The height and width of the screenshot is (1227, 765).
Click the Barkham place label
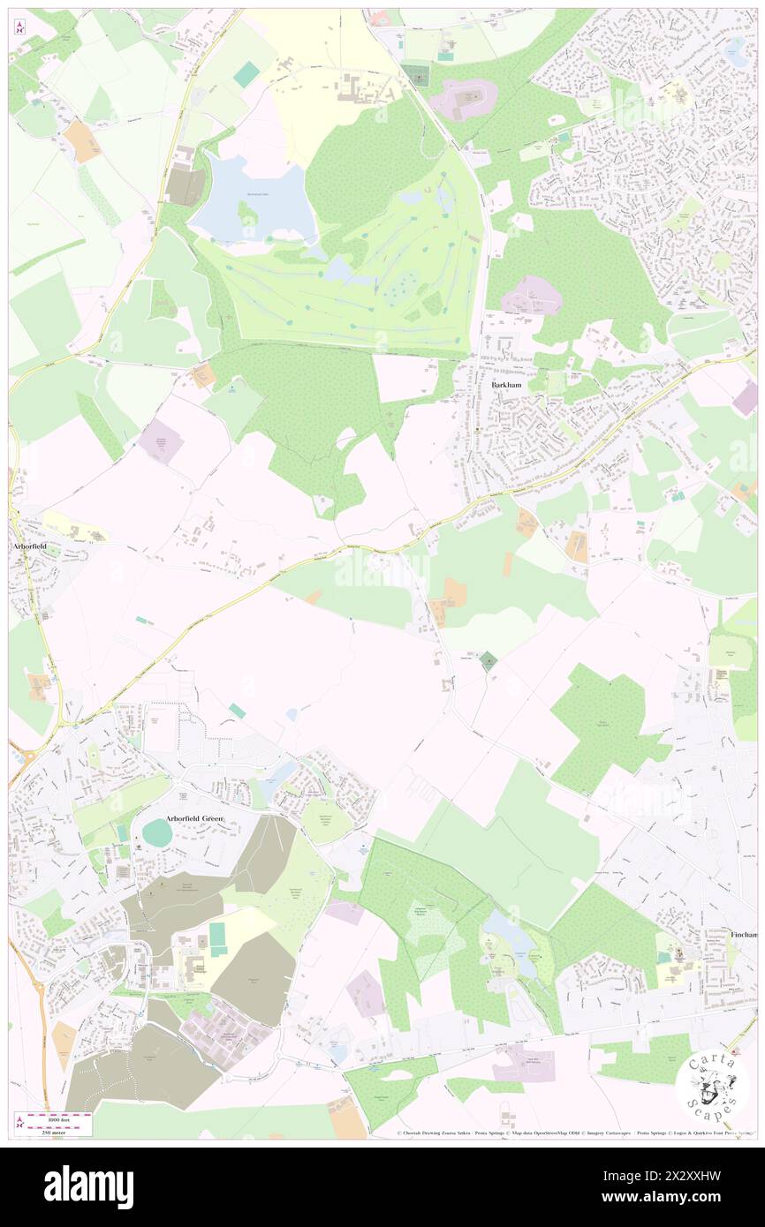point(505,386)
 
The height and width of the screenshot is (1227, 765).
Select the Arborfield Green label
point(194,818)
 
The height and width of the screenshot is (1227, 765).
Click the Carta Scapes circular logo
point(712,1088)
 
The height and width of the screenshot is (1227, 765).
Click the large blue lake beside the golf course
point(254,199)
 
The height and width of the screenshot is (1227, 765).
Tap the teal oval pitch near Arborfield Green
point(157,832)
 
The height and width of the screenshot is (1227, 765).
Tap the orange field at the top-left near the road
point(82,140)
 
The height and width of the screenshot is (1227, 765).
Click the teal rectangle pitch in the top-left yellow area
point(246,74)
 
